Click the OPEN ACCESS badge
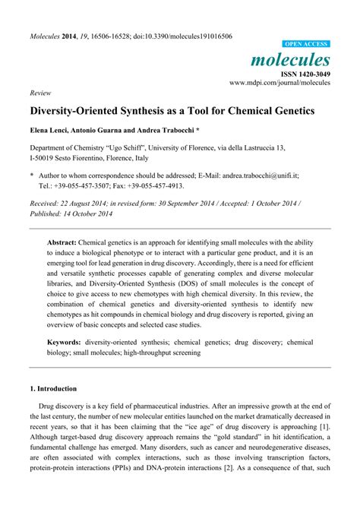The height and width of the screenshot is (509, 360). tap(306, 45)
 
